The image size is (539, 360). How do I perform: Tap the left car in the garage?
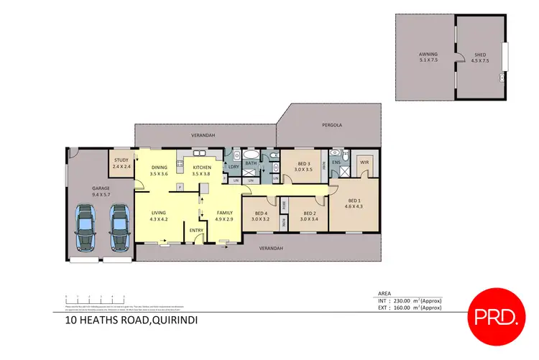tap(86, 227)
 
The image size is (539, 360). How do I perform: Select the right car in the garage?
tap(118, 227)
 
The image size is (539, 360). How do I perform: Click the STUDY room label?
tap(121, 161)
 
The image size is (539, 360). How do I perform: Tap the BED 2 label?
tap(310, 213)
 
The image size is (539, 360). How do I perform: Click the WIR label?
tap(364, 160)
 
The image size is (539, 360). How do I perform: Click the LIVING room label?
tap(159, 213)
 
